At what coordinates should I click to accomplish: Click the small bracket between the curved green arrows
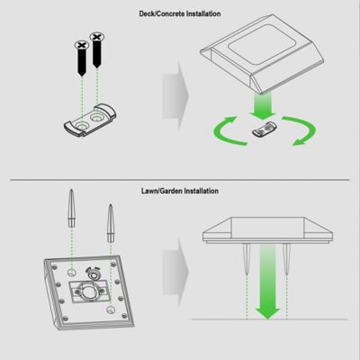click(x=262, y=131)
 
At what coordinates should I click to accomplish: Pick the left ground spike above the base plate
click(x=69, y=216)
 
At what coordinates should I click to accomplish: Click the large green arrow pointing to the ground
click(x=268, y=283)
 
